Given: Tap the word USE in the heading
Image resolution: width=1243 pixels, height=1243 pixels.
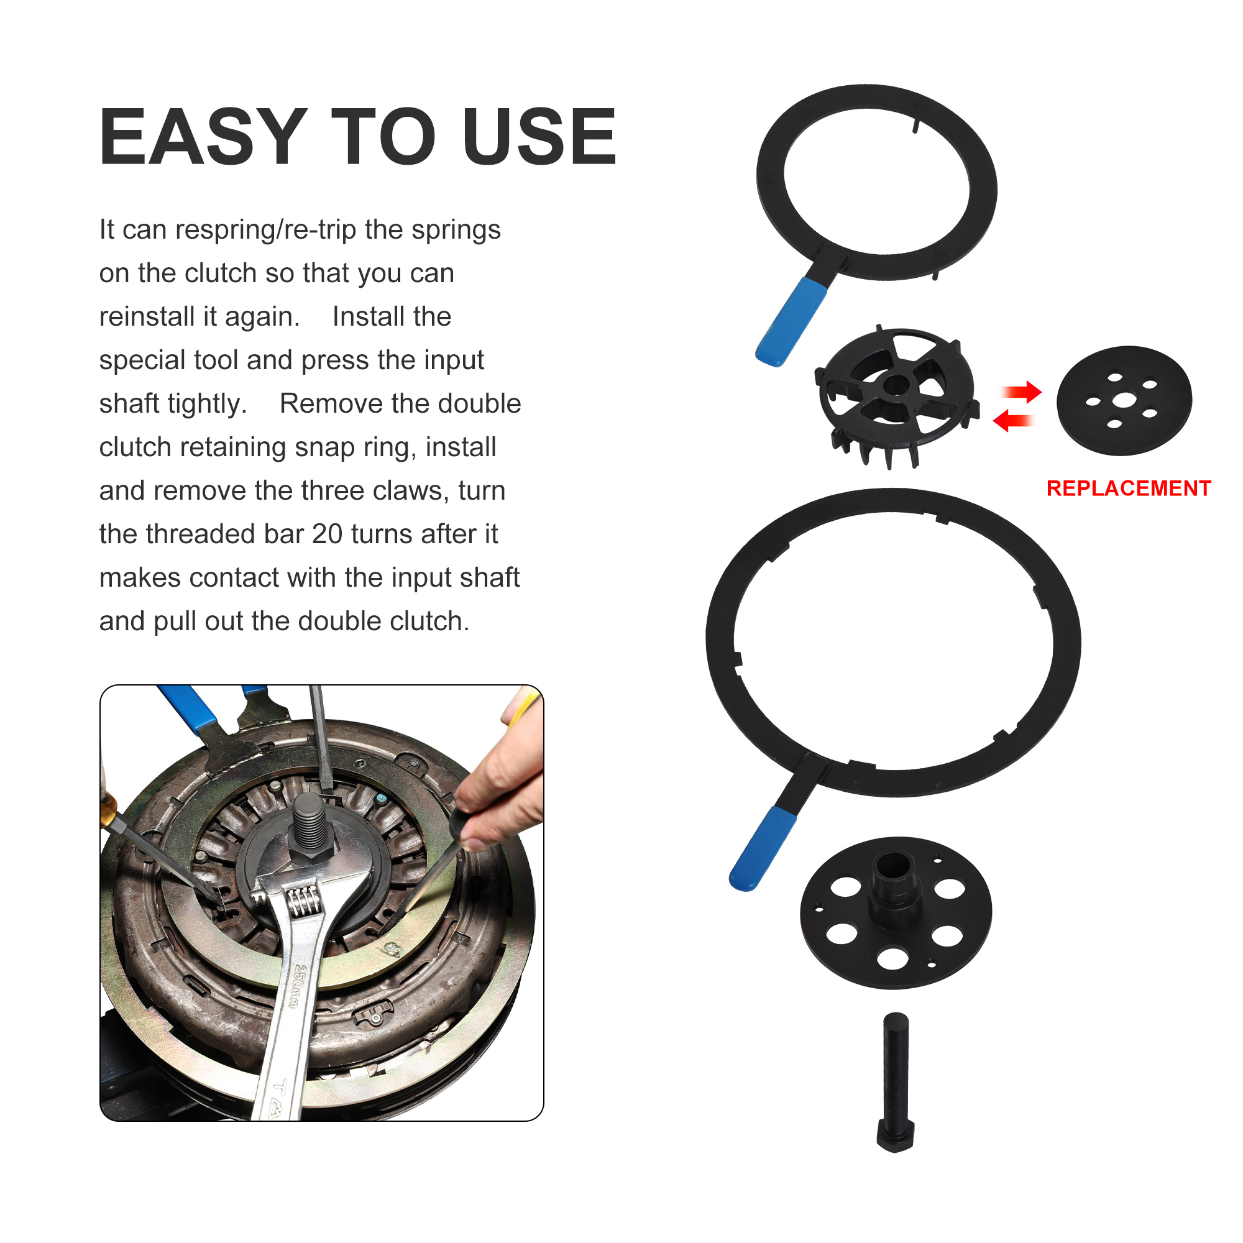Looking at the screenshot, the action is click(539, 136).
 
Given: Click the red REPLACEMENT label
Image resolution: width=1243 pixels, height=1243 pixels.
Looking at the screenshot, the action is click(1129, 488).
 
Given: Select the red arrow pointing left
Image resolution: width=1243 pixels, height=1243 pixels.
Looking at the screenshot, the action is click(1012, 421).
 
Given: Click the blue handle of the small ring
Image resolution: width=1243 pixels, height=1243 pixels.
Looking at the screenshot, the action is click(790, 323).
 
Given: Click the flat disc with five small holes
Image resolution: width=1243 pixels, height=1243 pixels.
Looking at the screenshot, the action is click(1124, 400).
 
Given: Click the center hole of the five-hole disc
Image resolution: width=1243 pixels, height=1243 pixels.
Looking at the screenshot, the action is click(1123, 400).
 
